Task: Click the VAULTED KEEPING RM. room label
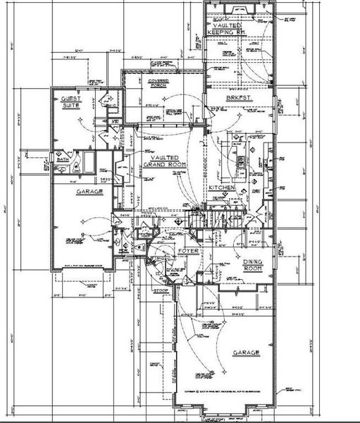226,29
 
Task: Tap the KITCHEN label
221,188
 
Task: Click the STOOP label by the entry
160,288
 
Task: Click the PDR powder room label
123,249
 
